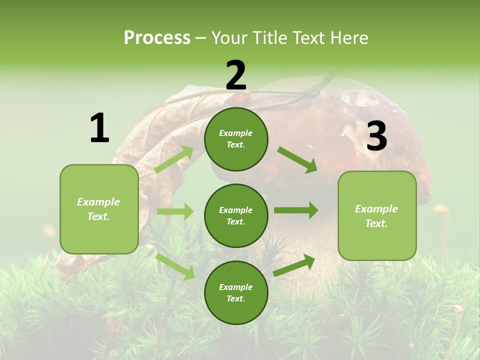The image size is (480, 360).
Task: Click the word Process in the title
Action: tap(157, 38)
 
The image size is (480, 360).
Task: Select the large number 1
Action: tap(99, 128)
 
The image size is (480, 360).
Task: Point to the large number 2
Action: tap(236, 75)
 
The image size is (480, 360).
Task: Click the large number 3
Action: tap(376, 136)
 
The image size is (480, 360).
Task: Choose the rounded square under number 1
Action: tap(99, 209)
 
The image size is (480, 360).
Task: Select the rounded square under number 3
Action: tap(377, 215)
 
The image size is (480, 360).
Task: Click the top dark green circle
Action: tap(236, 139)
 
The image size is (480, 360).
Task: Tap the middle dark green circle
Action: tap(236, 215)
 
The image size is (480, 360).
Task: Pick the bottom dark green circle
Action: tap(236, 292)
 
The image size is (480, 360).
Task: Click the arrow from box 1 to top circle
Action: tap(174, 159)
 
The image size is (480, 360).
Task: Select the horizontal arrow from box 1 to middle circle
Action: tap(175, 211)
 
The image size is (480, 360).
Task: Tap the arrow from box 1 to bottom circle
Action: tap(175, 266)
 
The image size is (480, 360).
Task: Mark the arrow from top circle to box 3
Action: tap(297, 160)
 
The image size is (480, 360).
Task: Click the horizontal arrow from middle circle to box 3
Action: tap(296, 210)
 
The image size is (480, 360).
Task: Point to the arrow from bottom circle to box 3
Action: tap(294, 265)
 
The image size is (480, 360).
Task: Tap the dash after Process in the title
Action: tap(201, 38)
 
